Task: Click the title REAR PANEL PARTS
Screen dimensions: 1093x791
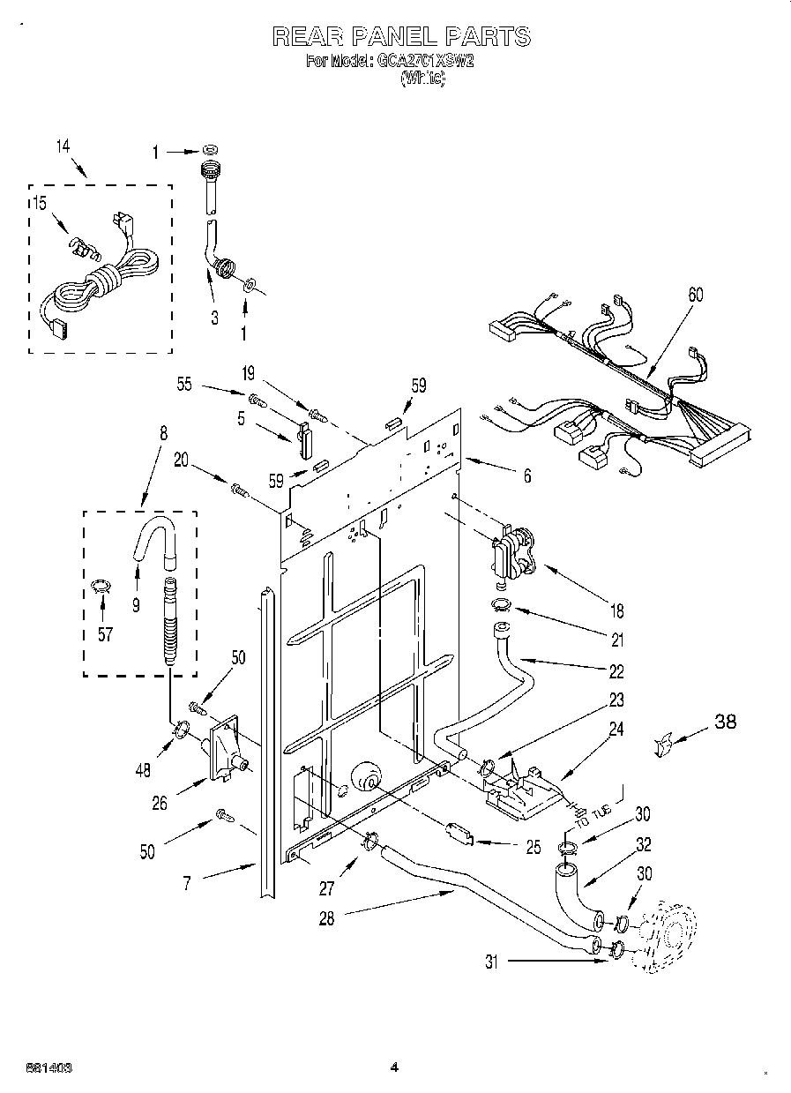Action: point(401,36)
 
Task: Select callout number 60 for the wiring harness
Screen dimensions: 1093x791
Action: point(695,296)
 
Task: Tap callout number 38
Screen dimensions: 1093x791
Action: point(724,722)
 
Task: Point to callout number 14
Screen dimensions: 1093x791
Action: point(62,147)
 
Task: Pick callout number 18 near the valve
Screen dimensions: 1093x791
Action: point(616,610)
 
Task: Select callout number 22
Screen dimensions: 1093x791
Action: point(616,671)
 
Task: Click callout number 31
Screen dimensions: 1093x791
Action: point(490,962)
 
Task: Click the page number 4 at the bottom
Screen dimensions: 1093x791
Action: point(394,1067)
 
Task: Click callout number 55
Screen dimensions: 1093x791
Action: point(184,385)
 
